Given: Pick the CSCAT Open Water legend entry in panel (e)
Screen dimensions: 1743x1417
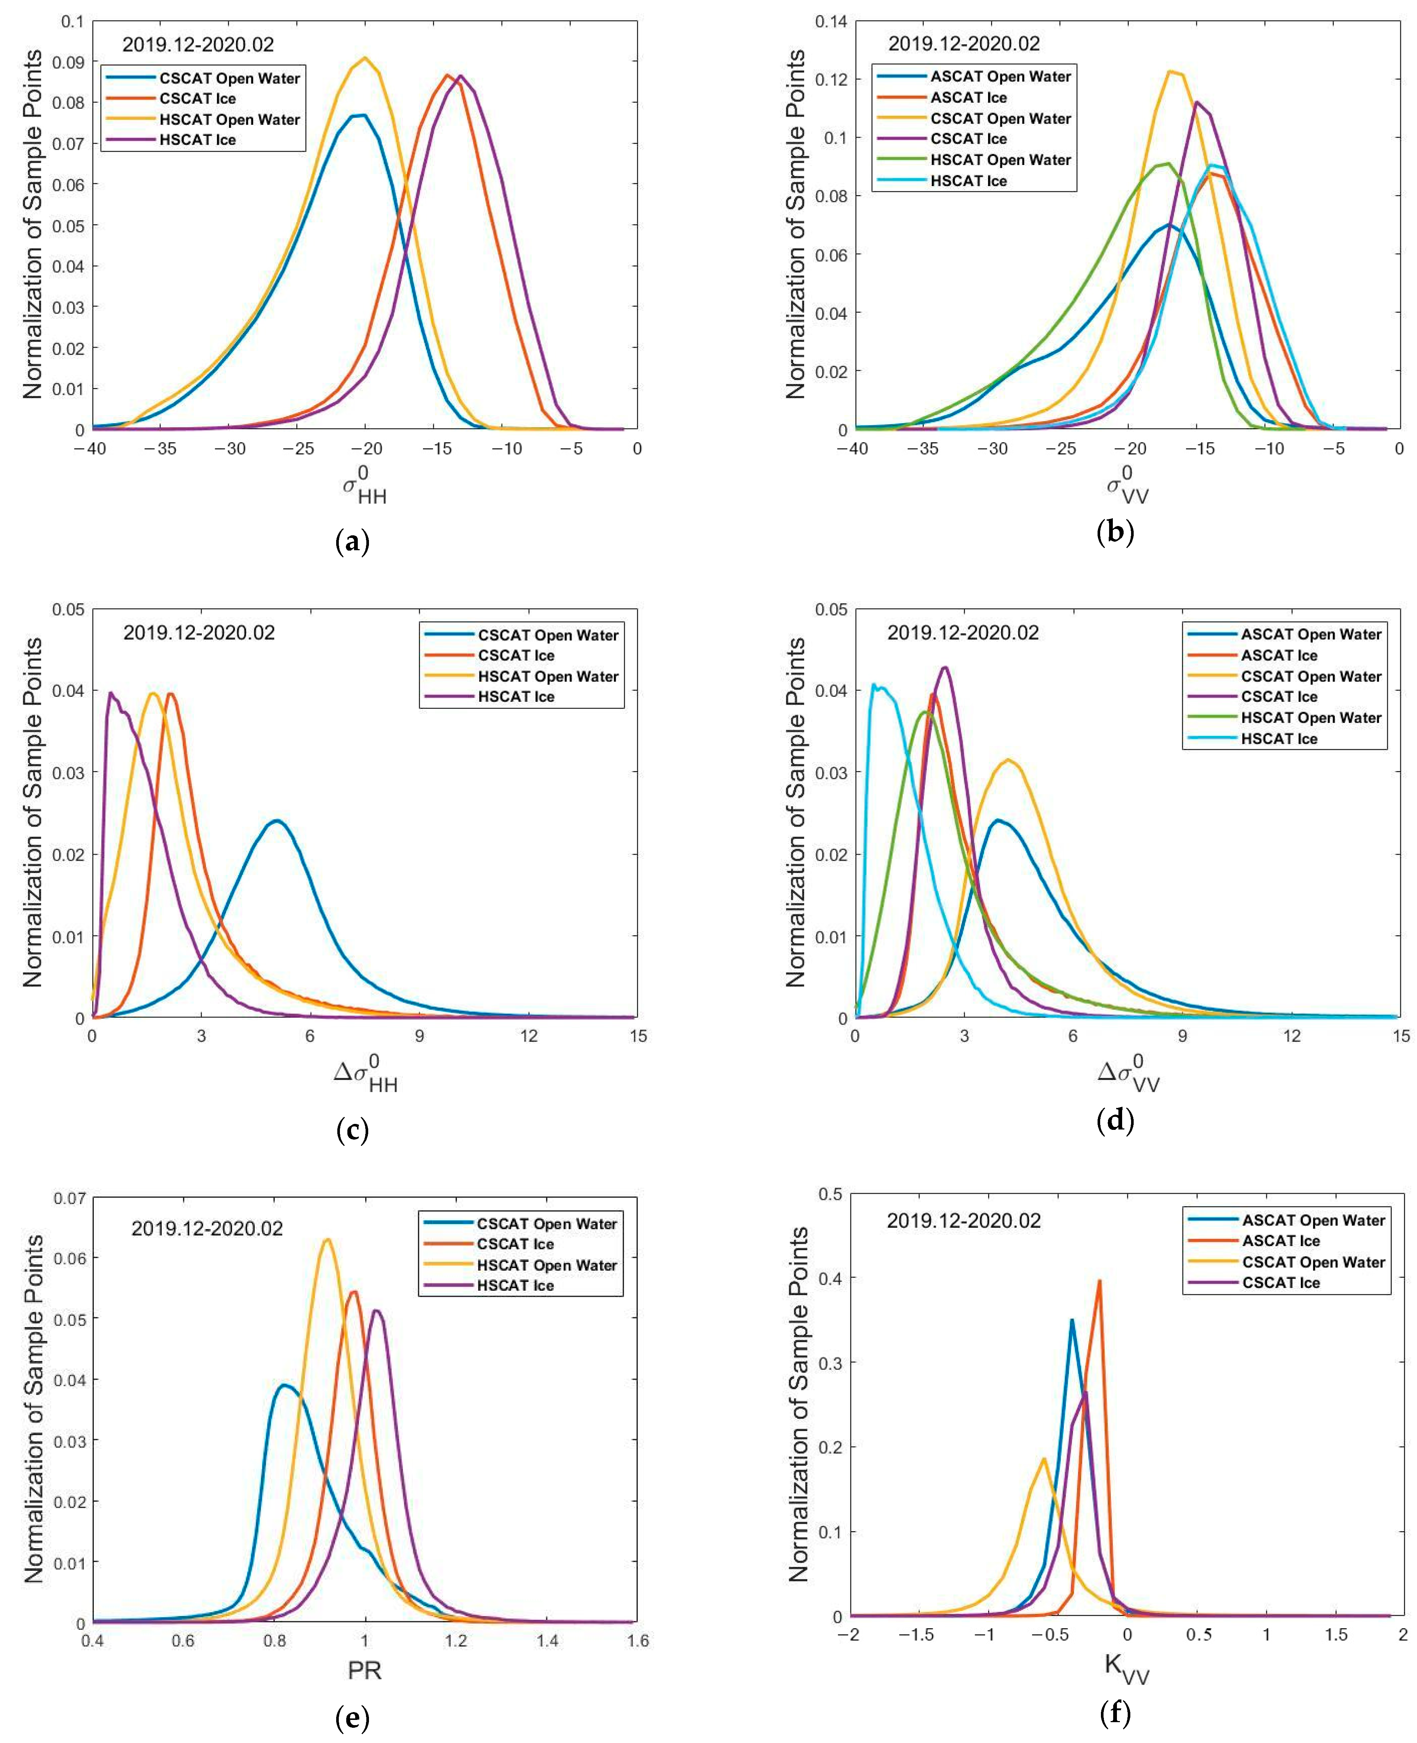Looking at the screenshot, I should click(547, 1224).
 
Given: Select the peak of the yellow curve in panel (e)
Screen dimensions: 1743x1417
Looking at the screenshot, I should click(327, 1240).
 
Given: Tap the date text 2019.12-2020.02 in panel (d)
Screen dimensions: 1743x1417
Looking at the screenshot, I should click(963, 632).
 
